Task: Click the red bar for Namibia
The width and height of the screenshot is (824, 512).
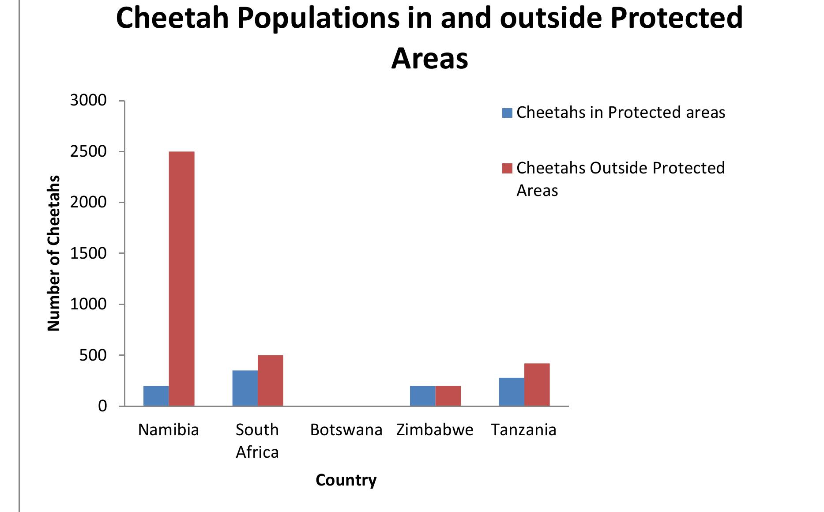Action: coord(181,278)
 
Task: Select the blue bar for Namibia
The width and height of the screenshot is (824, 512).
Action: coord(156,396)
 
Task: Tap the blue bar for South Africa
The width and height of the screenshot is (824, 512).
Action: coord(245,388)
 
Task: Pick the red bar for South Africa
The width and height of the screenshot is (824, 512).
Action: coord(271,380)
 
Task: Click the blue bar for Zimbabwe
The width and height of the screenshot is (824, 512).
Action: coord(422,396)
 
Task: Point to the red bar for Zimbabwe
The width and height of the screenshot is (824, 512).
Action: coord(448,396)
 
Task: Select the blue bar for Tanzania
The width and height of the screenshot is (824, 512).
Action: coord(512,392)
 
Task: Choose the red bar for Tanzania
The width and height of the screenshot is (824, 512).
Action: coord(537,384)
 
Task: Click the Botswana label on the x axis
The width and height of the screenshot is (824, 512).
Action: coord(346,430)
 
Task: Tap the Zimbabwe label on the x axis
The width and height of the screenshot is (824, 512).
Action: coord(435,430)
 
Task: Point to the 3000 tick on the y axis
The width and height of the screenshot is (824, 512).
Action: coord(88,101)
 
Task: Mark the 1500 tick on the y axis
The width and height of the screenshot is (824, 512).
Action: coord(88,253)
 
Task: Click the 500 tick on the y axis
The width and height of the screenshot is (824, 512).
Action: coord(93,355)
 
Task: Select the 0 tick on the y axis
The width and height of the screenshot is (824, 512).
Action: coord(102,406)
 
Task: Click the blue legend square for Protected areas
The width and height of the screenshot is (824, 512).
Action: coord(507,113)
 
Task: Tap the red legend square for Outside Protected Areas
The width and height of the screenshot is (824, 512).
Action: coord(507,168)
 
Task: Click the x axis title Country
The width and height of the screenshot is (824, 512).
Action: coord(346,480)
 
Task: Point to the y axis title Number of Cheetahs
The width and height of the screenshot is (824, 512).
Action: coord(54,253)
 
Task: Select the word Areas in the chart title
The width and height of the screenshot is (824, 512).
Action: coord(429,59)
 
